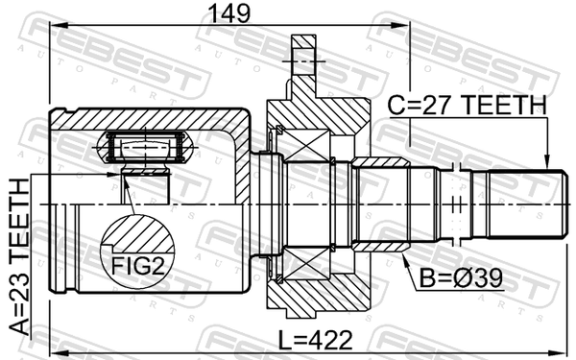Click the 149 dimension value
228,13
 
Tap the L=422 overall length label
315,340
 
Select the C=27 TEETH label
468,105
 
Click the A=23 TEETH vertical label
19,256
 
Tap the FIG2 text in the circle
138,266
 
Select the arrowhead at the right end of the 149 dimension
401,25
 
